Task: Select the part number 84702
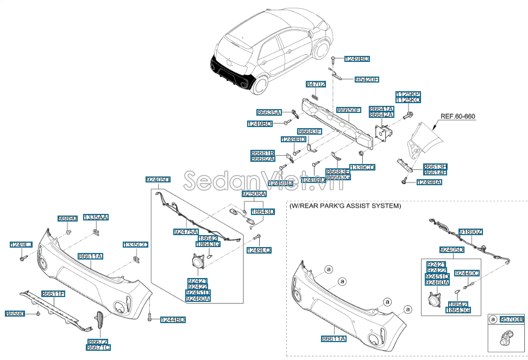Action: [x=316, y=84]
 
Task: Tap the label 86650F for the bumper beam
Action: [x=348, y=110]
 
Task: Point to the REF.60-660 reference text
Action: [x=457, y=116]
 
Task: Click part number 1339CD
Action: [x=363, y=167]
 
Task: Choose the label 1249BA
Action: [x=429, y=182]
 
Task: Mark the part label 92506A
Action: [x=254, y=194]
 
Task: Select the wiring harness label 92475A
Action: [x=186, y=232]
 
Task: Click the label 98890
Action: [x=68, y=218]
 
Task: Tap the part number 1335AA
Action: [x=96, y=217]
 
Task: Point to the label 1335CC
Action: [x=135, y=245]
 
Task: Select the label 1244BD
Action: [x=173, y=320]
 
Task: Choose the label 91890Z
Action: [x=470, y=232]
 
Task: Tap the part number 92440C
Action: [x=467, y=273]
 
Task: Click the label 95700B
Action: [x=512, y=320]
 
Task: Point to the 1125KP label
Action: [x=407, y=94]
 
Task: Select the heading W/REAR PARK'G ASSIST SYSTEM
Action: [x=345, y=206]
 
